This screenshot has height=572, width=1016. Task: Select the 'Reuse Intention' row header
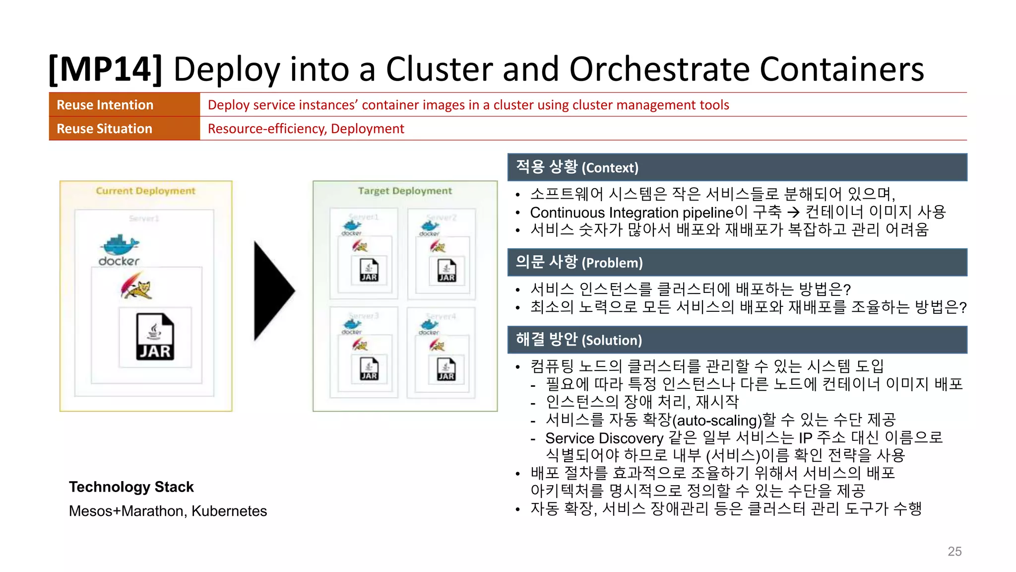(x=105, y=105)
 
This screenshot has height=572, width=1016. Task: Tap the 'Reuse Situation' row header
(x=104, y=129)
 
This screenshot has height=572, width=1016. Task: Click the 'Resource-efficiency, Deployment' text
(x=306, y=129)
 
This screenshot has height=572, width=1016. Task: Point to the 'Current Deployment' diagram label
(x=145, y=191)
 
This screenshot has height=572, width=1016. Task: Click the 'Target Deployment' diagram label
(x=405, y=191)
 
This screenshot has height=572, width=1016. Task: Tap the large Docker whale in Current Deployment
(x=120, y=246)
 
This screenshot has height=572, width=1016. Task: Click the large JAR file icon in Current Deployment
(x=155, y=336)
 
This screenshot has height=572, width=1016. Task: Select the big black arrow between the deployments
(x=273, y=291)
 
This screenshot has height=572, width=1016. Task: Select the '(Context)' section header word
(x=610, y=168)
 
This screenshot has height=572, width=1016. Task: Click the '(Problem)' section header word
(x=612, y=263)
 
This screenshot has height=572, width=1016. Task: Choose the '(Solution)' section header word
(x=611, y=340)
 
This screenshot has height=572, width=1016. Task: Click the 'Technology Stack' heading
(x=131, y=487)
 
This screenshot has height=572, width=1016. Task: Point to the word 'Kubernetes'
(x=229, y=511)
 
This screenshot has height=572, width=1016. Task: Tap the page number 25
(x=954, y=551)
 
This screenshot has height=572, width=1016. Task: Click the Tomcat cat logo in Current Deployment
(x=136, y=287)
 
